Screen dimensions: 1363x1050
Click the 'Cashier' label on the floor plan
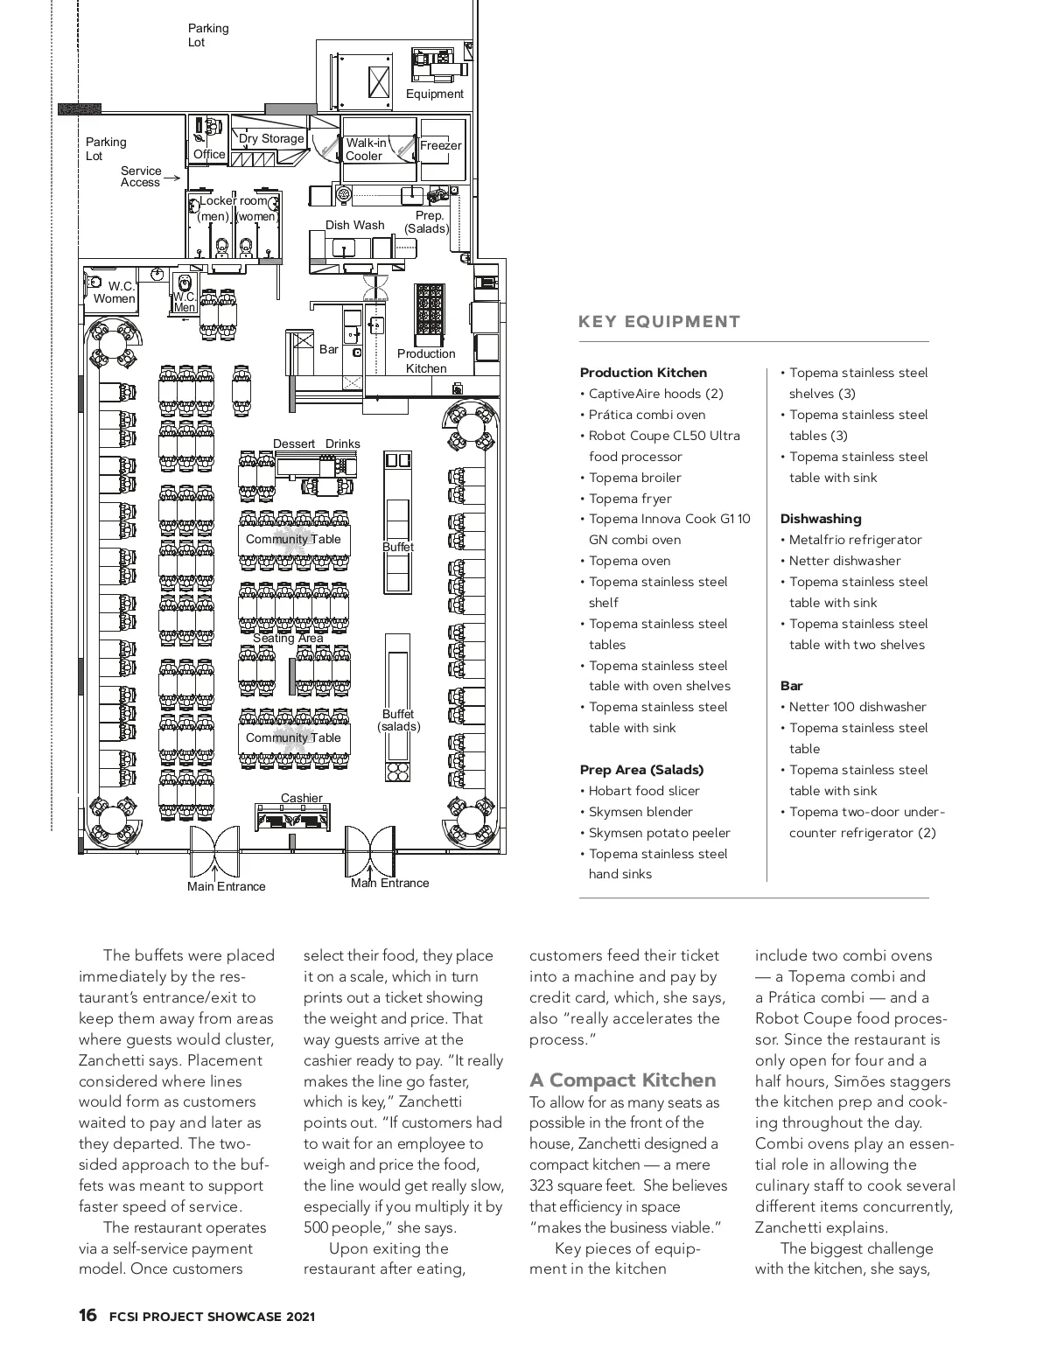pos(302,798)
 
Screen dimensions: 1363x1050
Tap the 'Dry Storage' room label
pos(271,138)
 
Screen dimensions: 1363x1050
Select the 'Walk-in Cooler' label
pos(366,150)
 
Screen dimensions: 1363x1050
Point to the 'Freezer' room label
pos(440,145)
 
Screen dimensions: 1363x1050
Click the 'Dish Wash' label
pos(355,225)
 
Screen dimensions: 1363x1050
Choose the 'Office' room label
pos(209,154)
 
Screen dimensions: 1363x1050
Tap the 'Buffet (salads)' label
pos(398,720)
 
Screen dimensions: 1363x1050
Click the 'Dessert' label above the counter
pos(294,444)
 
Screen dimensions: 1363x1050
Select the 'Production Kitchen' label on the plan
pos(426,360)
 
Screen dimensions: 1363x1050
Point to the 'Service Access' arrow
pos(171,178)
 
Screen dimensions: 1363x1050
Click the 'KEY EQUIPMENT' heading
pos(660,322)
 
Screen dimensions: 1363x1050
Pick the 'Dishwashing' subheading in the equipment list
pos(821,519)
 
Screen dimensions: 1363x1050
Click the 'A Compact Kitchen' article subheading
pos(623,1080)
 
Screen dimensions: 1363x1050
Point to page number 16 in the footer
pos(87,1316)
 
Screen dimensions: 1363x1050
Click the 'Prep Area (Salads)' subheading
pos(641,770)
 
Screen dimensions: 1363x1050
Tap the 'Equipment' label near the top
pos(435,94)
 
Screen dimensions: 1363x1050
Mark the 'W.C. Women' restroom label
pos(115,292)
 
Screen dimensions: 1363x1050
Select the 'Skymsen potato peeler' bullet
pos(659,833)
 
